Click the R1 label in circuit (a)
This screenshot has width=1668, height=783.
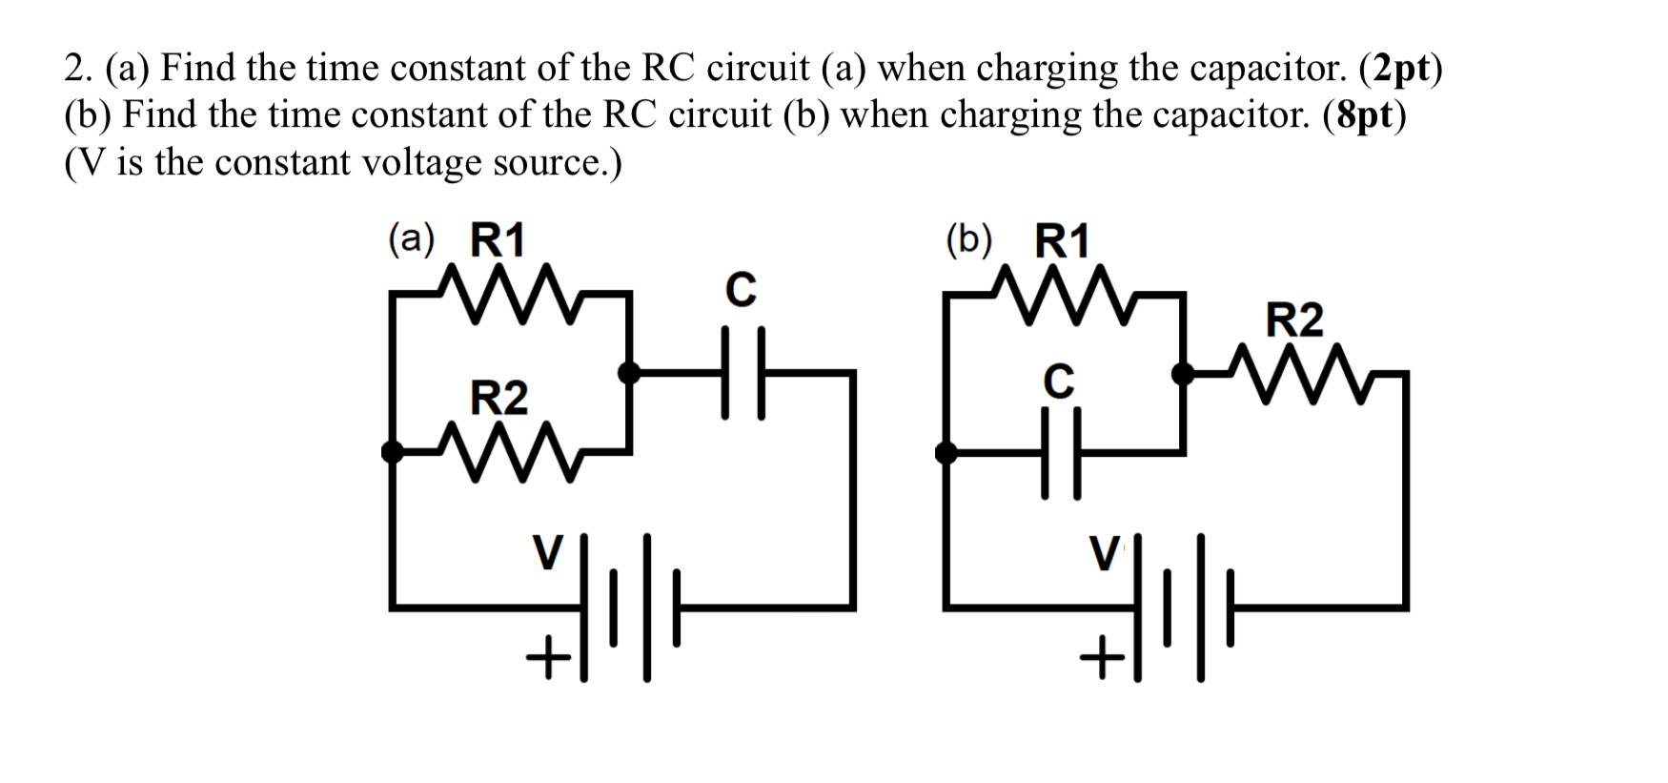[x=498, y=240]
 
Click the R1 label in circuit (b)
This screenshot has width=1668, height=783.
[x=1062, y=241]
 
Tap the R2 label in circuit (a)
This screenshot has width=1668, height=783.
[x=498, y=398]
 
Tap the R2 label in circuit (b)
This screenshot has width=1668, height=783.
[x=1293, y=319]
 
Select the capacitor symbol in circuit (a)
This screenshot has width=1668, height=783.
[x=742, y=373]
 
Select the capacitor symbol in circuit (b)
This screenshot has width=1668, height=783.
[x=1062, y=452]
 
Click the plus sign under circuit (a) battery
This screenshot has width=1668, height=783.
[x=548, y=657]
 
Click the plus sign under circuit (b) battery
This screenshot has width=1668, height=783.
[x=1102, y=657]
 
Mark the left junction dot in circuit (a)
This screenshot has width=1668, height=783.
[x=392, y=451]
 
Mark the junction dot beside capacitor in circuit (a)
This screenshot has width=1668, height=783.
[x=629, y=372]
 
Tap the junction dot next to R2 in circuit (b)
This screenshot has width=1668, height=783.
[x=1182, y=373]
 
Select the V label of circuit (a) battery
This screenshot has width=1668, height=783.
[x=547, y=552]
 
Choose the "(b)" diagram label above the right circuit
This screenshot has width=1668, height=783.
[x=968, y=239]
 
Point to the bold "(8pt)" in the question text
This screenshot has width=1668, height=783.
[x=1364, y=114]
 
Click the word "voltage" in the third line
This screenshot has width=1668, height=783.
[x=421, y=163]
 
